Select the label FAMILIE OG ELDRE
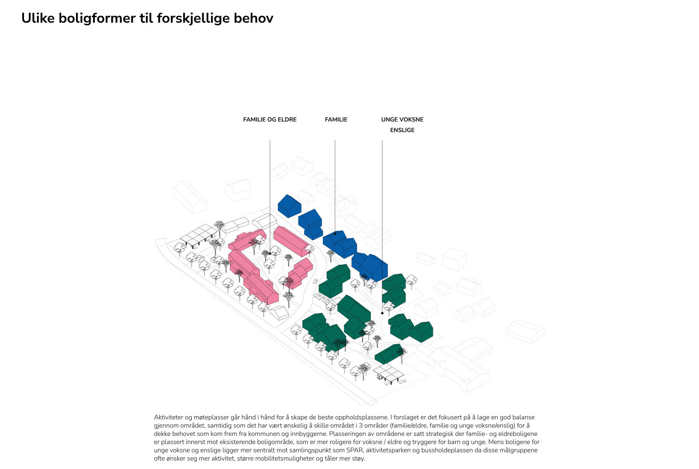270,119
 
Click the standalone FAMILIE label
336,119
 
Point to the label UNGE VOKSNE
402,119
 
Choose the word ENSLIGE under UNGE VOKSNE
402,130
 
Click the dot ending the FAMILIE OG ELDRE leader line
270,254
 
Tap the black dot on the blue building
335,234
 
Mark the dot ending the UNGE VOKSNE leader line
382,313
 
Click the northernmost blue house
289,206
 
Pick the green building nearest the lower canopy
388,354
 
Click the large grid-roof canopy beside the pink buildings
198,235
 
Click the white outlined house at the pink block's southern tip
279,313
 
